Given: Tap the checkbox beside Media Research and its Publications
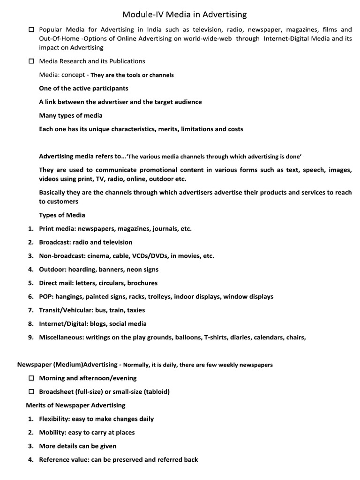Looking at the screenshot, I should point(31,61).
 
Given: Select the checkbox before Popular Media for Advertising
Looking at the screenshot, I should point(31,30).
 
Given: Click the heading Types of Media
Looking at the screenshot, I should point(62,215).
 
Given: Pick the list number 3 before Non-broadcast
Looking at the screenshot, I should point(30,256).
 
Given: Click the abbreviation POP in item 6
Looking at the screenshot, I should point(46,297).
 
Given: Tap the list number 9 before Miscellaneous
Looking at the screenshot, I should point(30,337).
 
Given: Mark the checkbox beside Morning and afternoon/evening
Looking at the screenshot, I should point(31,378).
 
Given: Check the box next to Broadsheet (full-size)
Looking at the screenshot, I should point(31,392).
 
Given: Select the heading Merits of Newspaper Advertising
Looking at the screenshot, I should point(75,405).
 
